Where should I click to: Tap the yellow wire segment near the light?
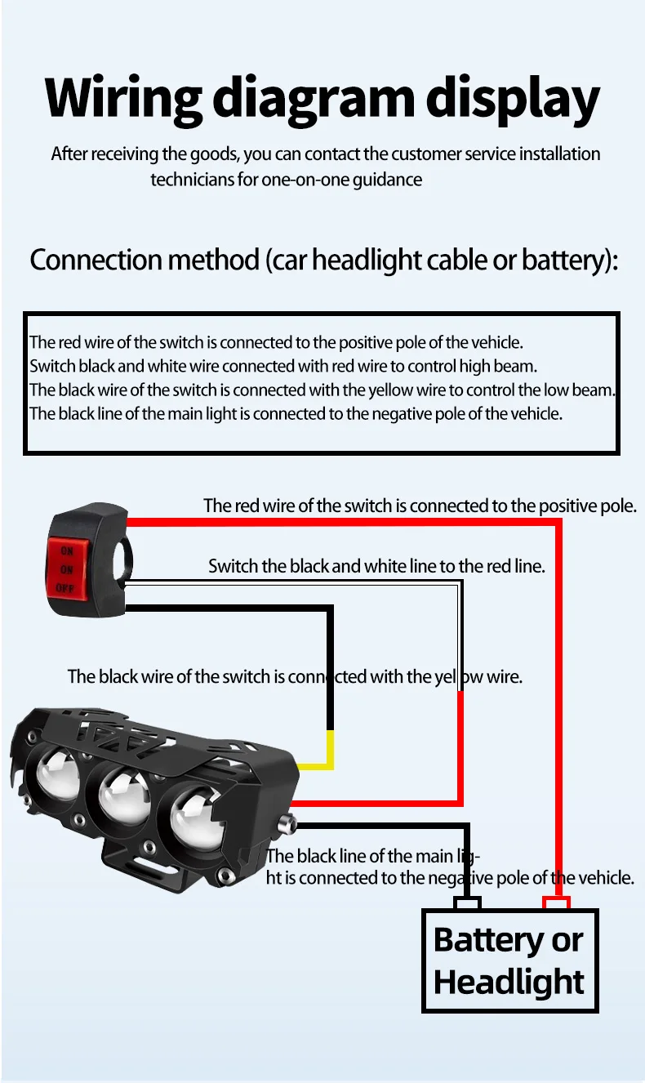pyautogui.click(x=330, y=750)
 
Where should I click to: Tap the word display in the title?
pyautogui.click(x=513, y=100)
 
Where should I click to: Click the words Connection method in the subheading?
pyautogui.click(x=144, y=261)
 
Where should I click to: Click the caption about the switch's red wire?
pyautogui.click(x=420, y=506)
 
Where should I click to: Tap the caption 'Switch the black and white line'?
pyautogui.click(x=376, y=565)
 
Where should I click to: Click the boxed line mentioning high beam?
pyautogui.click(x=283, y=366)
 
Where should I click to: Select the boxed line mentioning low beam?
pyautogui.click(x=322, y=390)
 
